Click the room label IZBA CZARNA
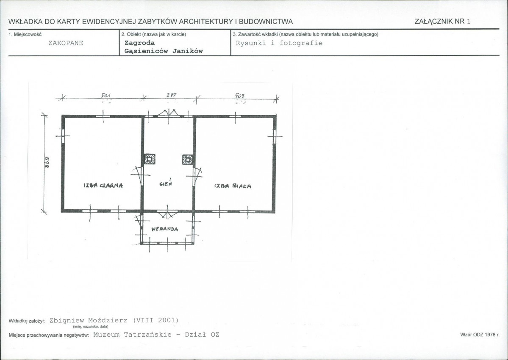tap(103, 186)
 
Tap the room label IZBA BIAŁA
tap(233, 186)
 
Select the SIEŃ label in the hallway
tap(166, 183)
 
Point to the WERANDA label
tap(164, 229)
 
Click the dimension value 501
tap(106, 95)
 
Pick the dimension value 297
tap(172, 95)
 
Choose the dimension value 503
tap(240, 95)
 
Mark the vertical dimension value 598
tap(47, 163)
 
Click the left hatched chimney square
tap(150, 159)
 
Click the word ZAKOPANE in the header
tap(66, 43)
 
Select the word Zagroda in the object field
tap(140, 43)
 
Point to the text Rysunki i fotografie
tap(279, 43)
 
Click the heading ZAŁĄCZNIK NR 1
tap(443, 21)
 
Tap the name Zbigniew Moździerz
tap(89, 320)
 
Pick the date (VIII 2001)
tap(156, 320)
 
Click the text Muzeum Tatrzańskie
tap(133, 335)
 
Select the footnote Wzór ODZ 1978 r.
tap(480, 335)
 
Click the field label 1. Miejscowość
tap(25, 34)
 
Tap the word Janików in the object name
tap(188, 51)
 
